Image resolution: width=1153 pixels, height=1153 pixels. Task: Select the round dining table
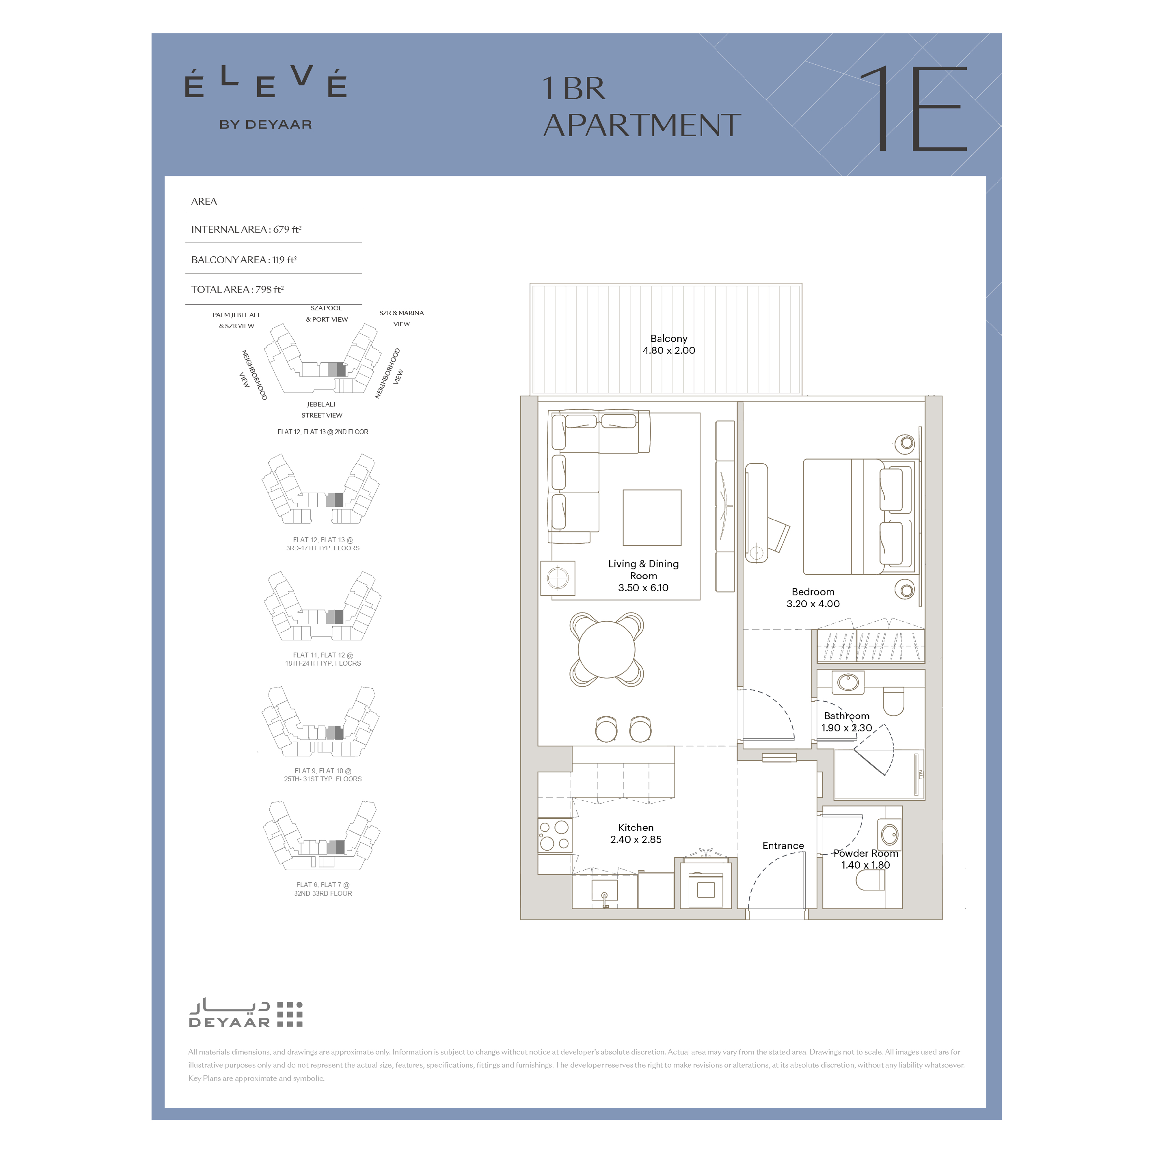[606, 649]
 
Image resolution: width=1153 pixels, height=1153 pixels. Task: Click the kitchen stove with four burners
[554, 835]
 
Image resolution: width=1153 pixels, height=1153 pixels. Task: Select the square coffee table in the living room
[652, 518]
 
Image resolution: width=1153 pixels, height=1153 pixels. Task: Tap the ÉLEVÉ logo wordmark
[266, 82]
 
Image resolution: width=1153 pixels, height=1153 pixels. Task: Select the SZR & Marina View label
[402, 319]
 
